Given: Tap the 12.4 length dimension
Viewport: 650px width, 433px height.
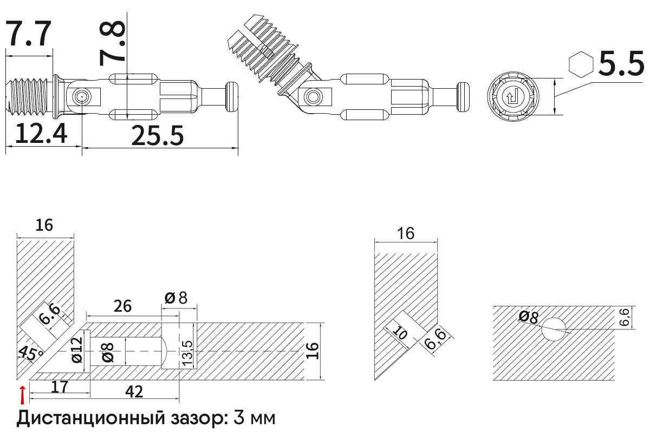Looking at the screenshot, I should tap(41, 134).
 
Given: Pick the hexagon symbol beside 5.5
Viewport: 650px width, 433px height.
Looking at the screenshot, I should tap(580, 64).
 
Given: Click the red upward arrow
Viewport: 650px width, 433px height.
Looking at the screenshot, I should tap(22, 395).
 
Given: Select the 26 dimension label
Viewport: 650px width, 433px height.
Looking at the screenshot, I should tap(122, 306).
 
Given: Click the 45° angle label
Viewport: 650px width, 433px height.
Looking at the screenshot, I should tap(31, 354).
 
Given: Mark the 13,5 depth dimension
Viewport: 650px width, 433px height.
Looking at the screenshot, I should tap(187, 352).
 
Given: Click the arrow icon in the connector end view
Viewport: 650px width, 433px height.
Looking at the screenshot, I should tap(511, 98).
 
